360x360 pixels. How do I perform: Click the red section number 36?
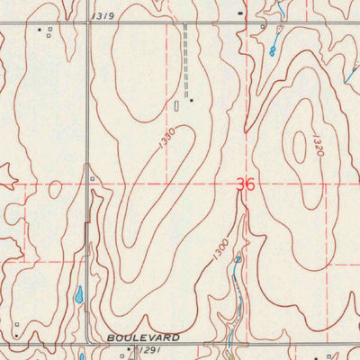(245, 184)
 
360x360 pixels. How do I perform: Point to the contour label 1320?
(317, 146)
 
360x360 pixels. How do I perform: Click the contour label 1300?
(221, 249)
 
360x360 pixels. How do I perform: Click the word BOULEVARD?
(142, 337)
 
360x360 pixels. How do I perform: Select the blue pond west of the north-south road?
(78, 294)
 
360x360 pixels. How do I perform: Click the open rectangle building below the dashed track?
(177, 105)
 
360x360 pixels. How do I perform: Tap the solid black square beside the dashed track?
(191, 99)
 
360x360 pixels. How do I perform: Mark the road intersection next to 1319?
(89, 22)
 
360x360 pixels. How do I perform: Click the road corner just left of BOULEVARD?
(86, 343)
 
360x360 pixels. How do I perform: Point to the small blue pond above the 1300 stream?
(238, 260)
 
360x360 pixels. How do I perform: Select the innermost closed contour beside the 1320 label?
(298, 144)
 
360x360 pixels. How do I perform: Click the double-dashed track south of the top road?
(185, 49)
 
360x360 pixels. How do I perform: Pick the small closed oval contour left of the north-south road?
(55, 189)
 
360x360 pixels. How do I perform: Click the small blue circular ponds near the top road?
(272, 52)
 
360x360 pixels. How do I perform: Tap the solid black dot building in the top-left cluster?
(39, 30)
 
